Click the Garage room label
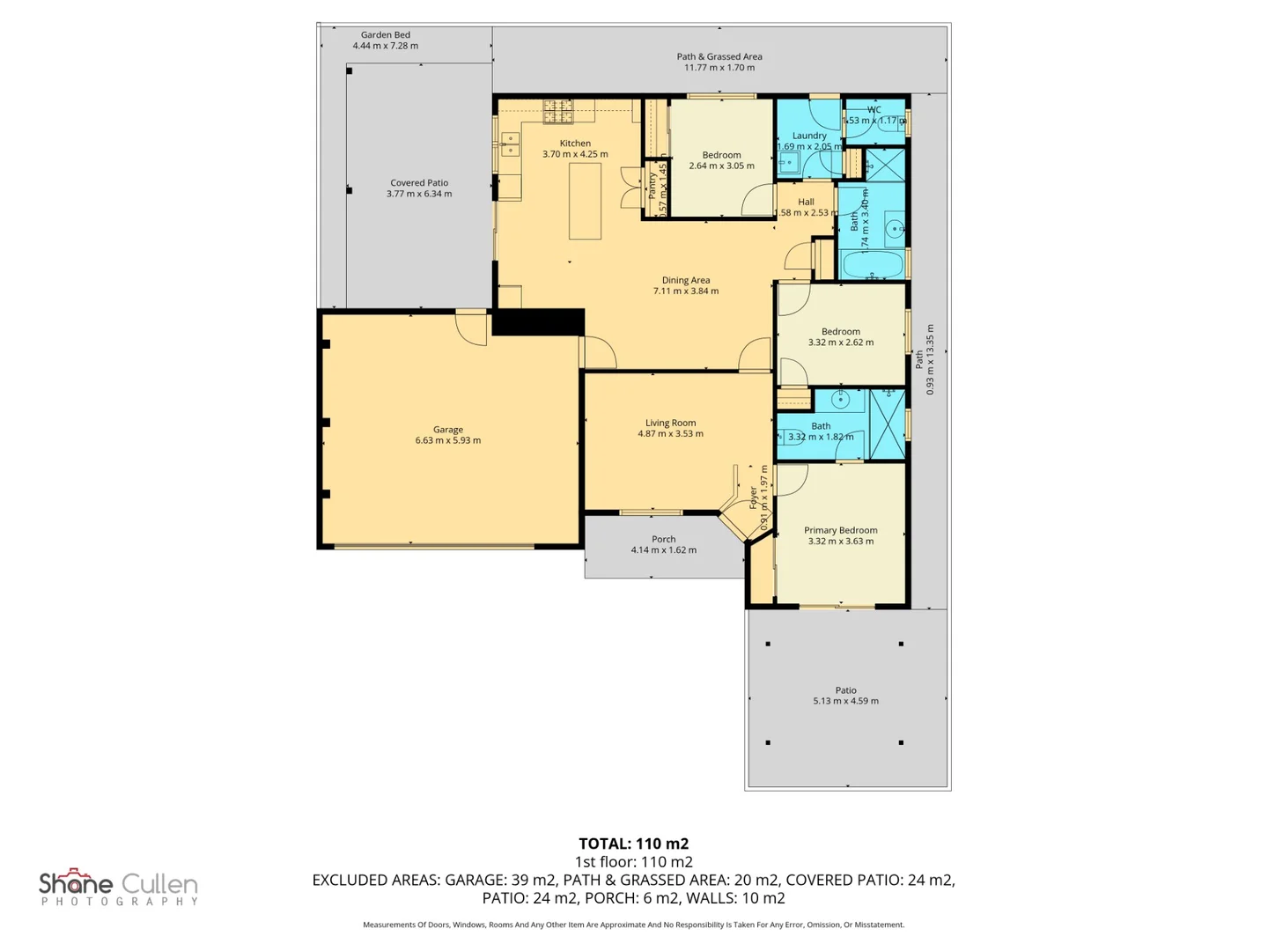(447, 430)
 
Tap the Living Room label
(670, 423)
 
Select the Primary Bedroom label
(840, 530)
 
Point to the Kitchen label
(575, 143)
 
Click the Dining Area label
(686, 280)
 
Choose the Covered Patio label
(419, 182)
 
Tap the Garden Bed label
(386, 35)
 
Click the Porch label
(664, 539)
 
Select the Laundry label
(809, 136)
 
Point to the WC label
(874, 110)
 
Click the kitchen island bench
(585, 201)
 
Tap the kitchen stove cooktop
(557, 110)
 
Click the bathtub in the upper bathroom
(873, 264)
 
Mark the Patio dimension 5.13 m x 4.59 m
(845, 701)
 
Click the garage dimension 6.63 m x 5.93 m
(447, 440)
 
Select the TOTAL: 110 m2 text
(633, 844)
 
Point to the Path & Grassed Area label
(719, 56)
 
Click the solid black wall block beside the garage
(537, 321)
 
